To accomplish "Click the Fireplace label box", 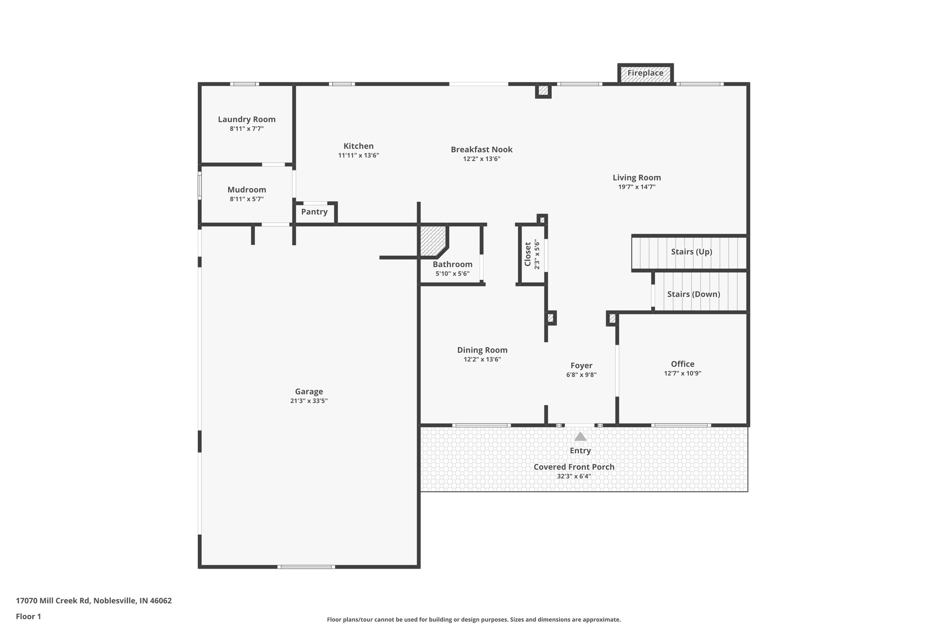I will [645, 73].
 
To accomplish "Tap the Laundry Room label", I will [247, 119].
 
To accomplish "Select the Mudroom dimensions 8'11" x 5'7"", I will [247, 199].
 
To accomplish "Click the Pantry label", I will [314, 212].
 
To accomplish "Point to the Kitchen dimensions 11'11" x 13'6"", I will [358, 156].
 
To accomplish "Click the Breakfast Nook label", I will [481, 150].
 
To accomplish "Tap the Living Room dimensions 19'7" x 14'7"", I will [636, 187].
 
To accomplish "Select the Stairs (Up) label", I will [691, 252].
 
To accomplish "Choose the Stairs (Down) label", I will [693, 294].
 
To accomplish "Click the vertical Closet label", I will [528, 254].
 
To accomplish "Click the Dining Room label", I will [482, 350].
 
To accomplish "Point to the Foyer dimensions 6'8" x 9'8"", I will [581, 375].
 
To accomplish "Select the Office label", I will [682, 364].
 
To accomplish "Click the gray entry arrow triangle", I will [580, 437].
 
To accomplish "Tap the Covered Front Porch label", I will [574, 467].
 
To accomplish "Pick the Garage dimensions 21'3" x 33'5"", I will [309, 401].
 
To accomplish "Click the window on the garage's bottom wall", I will [306, 567].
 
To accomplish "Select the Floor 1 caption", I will [28, 617].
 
